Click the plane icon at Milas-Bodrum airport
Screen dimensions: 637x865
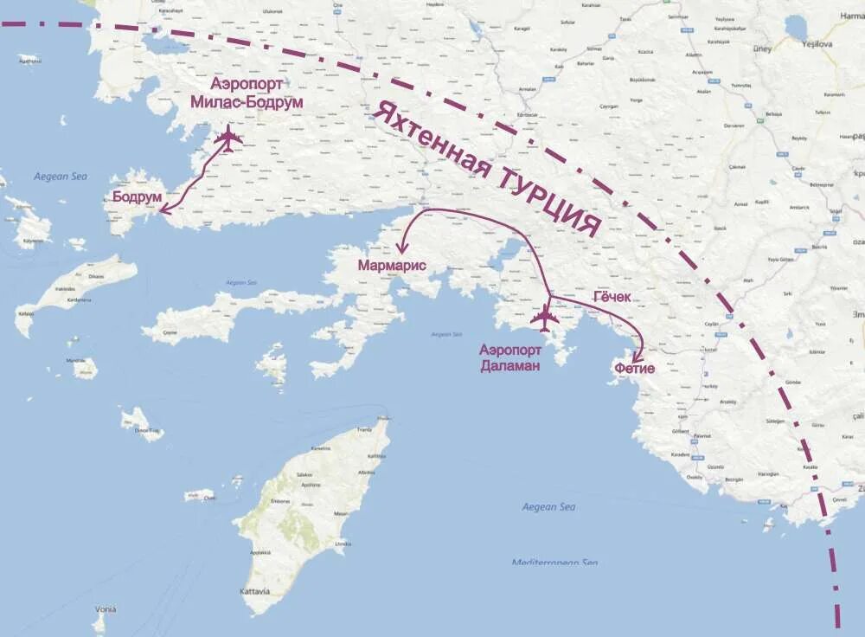228,138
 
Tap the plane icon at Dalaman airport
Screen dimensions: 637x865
545,318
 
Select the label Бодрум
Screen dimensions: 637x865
138,196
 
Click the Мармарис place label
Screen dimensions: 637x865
392,266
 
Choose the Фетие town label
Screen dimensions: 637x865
634,369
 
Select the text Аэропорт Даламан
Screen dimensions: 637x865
510,357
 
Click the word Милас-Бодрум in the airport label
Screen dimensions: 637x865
247,102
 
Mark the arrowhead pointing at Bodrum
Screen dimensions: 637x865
162,209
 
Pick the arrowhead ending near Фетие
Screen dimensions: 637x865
639,357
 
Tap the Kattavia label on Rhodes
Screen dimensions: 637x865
254,592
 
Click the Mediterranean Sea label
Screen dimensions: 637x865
554,563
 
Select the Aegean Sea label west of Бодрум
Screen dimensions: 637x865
61,177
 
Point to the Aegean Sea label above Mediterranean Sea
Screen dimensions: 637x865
548,506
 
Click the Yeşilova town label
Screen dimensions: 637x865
817,42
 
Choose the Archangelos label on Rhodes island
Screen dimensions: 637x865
367,472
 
